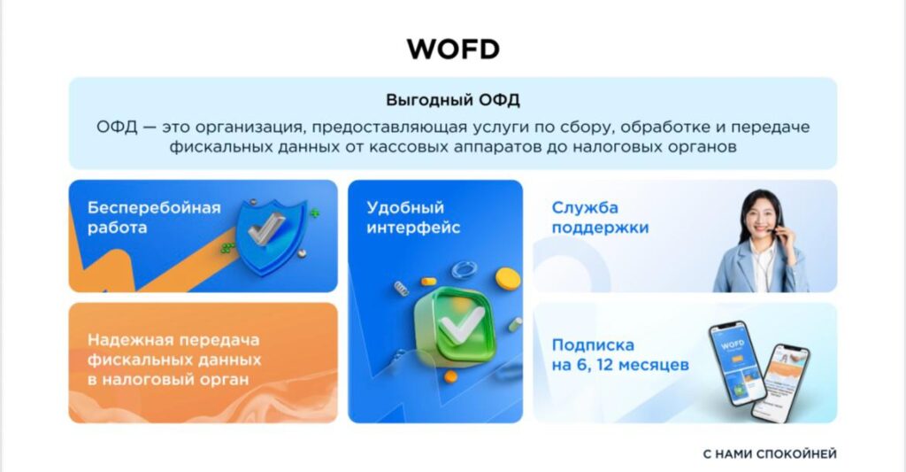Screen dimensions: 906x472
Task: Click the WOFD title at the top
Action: (x=453, y=49)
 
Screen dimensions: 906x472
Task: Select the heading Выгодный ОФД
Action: (x=453, y=100)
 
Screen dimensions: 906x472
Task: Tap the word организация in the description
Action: (x=247, y=128)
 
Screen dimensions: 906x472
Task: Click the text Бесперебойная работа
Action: (x=154, y=218)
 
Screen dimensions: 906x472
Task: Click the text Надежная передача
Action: (x=173, y=339)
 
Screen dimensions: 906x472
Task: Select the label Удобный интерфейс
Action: (x=413, y=218)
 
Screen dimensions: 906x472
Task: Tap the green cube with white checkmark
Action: (x=456, y=327)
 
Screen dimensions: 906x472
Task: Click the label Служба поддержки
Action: (x=600, y=218)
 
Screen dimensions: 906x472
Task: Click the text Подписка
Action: (x=593, y=345)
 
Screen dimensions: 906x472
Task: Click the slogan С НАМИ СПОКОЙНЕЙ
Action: (x=770, y=454)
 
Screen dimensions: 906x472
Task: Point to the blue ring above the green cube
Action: (x=464, y=269)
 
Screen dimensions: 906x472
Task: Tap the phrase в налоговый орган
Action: (x=168, y=380)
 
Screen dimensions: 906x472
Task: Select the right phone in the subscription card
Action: (x=780, y=382)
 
